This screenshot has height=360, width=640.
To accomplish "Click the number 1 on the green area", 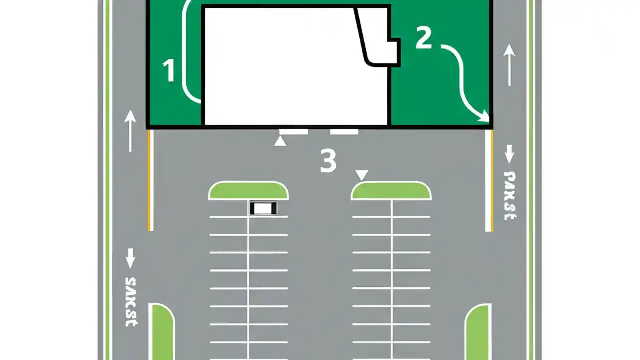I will pyautogui.click(x=169, y=70).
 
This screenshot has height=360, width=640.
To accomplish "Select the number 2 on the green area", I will pyautogui.click(x=423, y=38).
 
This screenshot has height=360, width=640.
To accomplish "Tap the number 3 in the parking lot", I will pyautogui.click(x=328, y=161).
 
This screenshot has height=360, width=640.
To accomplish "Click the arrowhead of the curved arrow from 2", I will pyautogui.click(x=484, y=118).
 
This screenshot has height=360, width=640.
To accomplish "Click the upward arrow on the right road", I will pyautogui.click(x=509, y=64).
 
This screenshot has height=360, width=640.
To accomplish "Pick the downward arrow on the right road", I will pyautogui.click(x=509, y=154).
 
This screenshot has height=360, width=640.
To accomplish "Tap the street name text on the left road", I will pyautogui.click(x=131, y=301).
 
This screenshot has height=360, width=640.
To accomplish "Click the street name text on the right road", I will pyautogui.click(x=509, y=195).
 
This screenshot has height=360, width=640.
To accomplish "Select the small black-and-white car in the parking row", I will pyautogui.click(x=263, y=208).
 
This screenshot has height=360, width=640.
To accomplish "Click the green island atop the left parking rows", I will pyautogui.click(x=248, y=191).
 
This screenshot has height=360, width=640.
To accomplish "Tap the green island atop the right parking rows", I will pyautogui.click(x=391, y=191).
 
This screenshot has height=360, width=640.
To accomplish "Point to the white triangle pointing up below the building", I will pyautogui.click(x=280, y=141).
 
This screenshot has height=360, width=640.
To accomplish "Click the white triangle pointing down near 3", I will pyautogui.click(x=362, y=175).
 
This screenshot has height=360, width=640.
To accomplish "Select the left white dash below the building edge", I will pyautogui.click(x=293, y=132).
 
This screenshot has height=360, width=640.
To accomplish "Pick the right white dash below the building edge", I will pyautogui.click(x=344, y=132).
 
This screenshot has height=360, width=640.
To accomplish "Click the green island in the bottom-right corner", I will pyautogui.click(x=478, y=332).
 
